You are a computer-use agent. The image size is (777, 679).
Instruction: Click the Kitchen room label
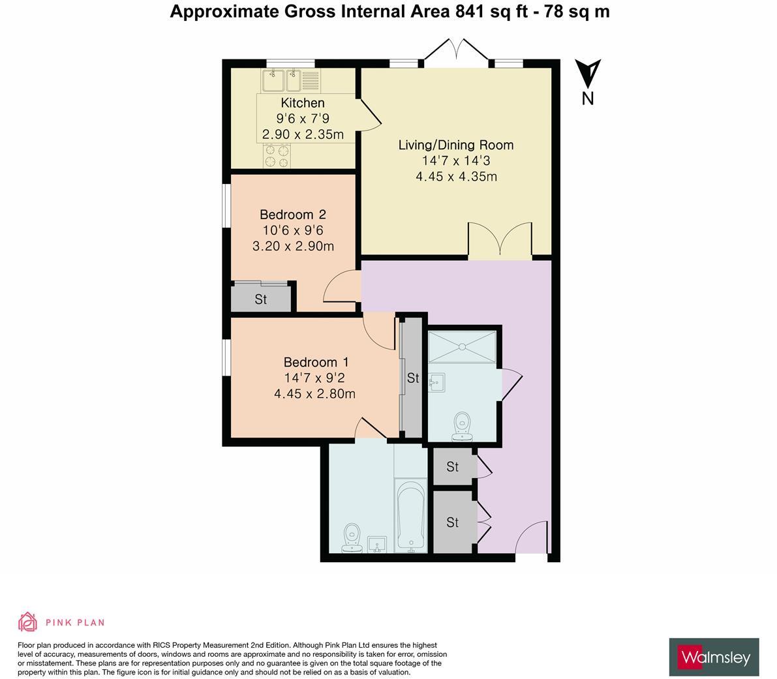tap(302, 103)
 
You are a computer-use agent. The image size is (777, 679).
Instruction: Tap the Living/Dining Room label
tap(456, 145)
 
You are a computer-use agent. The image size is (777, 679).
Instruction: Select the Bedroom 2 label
tap(293, 215)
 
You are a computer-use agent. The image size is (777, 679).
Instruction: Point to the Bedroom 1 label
tap(316, 362)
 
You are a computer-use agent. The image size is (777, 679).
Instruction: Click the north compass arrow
tap(588, 73)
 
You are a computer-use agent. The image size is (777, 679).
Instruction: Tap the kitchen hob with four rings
tap(277, 155)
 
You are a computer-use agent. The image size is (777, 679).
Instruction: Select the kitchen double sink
tap(292, 81)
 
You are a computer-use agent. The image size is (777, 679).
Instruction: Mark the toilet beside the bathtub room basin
tap(352, 538)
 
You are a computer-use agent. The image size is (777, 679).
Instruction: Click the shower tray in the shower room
tap(462, 347)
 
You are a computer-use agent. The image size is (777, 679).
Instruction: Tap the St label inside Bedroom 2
tap(261, 299)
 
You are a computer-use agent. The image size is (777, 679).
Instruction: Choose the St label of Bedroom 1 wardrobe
tap(413, 378)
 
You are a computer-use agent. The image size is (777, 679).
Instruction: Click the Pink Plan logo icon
tap(28, 622)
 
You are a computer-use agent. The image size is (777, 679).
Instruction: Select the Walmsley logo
tap(714, 657)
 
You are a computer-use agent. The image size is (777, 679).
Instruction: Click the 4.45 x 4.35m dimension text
tap(456, 176)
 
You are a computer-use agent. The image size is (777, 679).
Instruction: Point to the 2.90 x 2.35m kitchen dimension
tap(303, 135)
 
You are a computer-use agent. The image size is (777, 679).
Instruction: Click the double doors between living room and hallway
tap(500, 241)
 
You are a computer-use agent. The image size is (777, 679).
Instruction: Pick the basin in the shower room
tap(436, 382)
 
